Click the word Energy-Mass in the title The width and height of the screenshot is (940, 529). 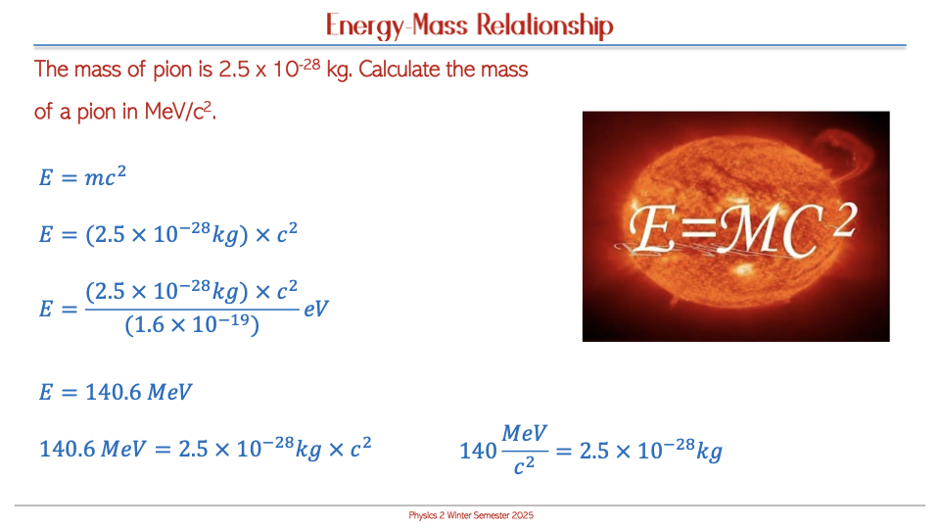click(x=397, y=25)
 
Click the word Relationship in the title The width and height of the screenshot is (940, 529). click(x=545, y=25)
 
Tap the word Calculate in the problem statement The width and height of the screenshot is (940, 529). click(x=399, y=70)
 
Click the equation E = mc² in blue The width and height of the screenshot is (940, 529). click(x=82, y=176)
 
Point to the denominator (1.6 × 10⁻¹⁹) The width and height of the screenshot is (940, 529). click(x=192, y=325)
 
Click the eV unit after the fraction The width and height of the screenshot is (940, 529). click(x=316, y=309)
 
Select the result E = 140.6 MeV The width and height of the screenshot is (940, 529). click(x=116, y=392)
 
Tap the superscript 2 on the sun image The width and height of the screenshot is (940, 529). click(x=844, y=220)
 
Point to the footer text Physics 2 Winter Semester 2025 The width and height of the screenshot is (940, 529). click(x=471, y=515)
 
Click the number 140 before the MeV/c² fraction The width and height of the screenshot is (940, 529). click(x=479, y=451)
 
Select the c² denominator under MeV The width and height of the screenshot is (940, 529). click(x=524, y=465)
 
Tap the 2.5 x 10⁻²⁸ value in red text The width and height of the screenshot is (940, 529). click(x=269, y=69)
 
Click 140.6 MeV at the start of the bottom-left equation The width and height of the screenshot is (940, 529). click(x=92, y=449)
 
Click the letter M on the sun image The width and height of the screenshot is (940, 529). click(x=747, y=229)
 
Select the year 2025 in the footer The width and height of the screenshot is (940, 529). click(x=522, y=515)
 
